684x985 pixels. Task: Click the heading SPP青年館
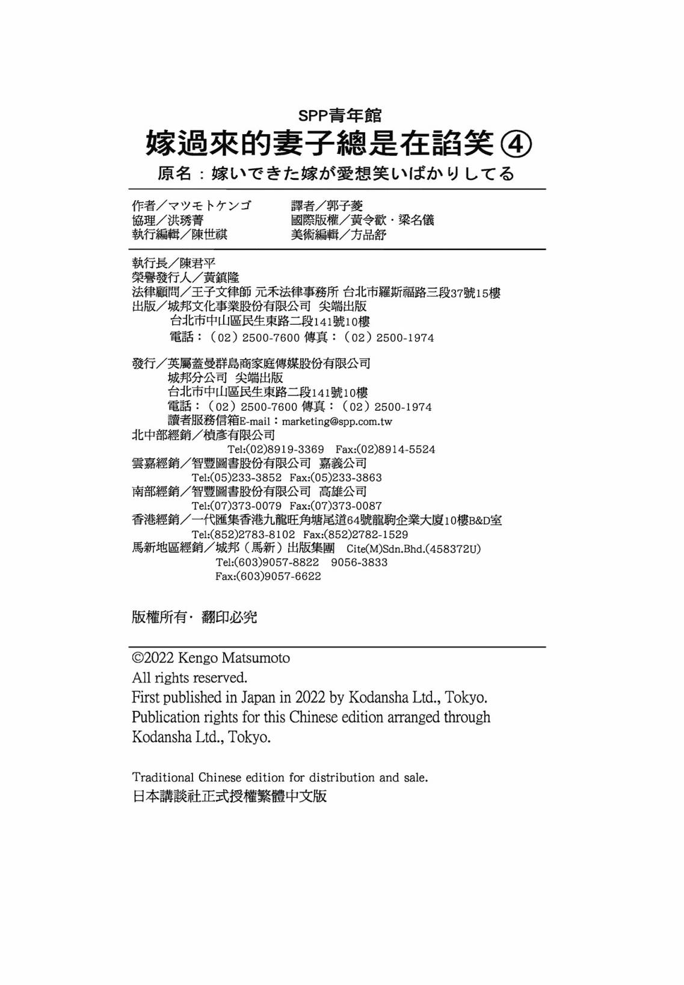(340, 114)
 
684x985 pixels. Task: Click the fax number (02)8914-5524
(396, 449)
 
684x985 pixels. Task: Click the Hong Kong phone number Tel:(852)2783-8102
(243, 534)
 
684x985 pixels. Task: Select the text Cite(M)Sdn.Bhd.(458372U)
(414, 548)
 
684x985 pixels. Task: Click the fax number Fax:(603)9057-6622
(268, 576)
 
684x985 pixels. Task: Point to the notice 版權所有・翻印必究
(194, 617)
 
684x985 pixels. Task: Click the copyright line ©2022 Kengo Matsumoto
(211, 658)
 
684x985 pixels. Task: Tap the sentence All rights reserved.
(189, 678)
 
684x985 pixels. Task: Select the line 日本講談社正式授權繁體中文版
(229, 796)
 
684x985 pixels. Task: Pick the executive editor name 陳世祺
(209, 235)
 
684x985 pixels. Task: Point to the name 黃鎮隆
(221, 277)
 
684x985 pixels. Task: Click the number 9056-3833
(359, 562)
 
